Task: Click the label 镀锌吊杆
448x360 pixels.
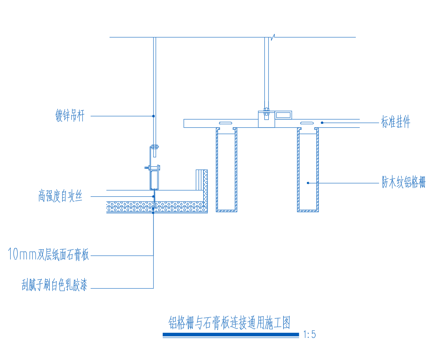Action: pos(70,116)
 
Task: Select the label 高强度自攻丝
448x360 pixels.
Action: pos(60,196)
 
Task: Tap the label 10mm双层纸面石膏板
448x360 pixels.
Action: pos(48,254)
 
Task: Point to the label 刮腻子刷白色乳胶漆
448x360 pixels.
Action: pos(54,285)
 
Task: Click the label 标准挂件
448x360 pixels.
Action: pos(396,122)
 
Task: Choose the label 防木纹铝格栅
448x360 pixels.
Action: pos(404,182)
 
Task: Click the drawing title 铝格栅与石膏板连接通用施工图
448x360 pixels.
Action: pos(229,323)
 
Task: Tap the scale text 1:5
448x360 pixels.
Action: pos(309,334)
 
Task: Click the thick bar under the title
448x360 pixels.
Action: pos(231,334)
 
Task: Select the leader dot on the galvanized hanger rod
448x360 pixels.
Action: pos(153,116)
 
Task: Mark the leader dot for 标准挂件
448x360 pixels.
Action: pos(322,123)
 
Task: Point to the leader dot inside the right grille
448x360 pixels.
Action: pos(308,183)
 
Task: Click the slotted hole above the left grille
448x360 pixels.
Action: pos(225,123)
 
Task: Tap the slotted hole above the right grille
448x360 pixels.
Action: pos(307,123)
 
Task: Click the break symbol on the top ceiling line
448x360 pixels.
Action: pos(273,37)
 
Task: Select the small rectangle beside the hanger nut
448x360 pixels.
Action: pos(283,115)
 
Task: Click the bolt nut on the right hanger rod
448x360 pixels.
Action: pos(266,112)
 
